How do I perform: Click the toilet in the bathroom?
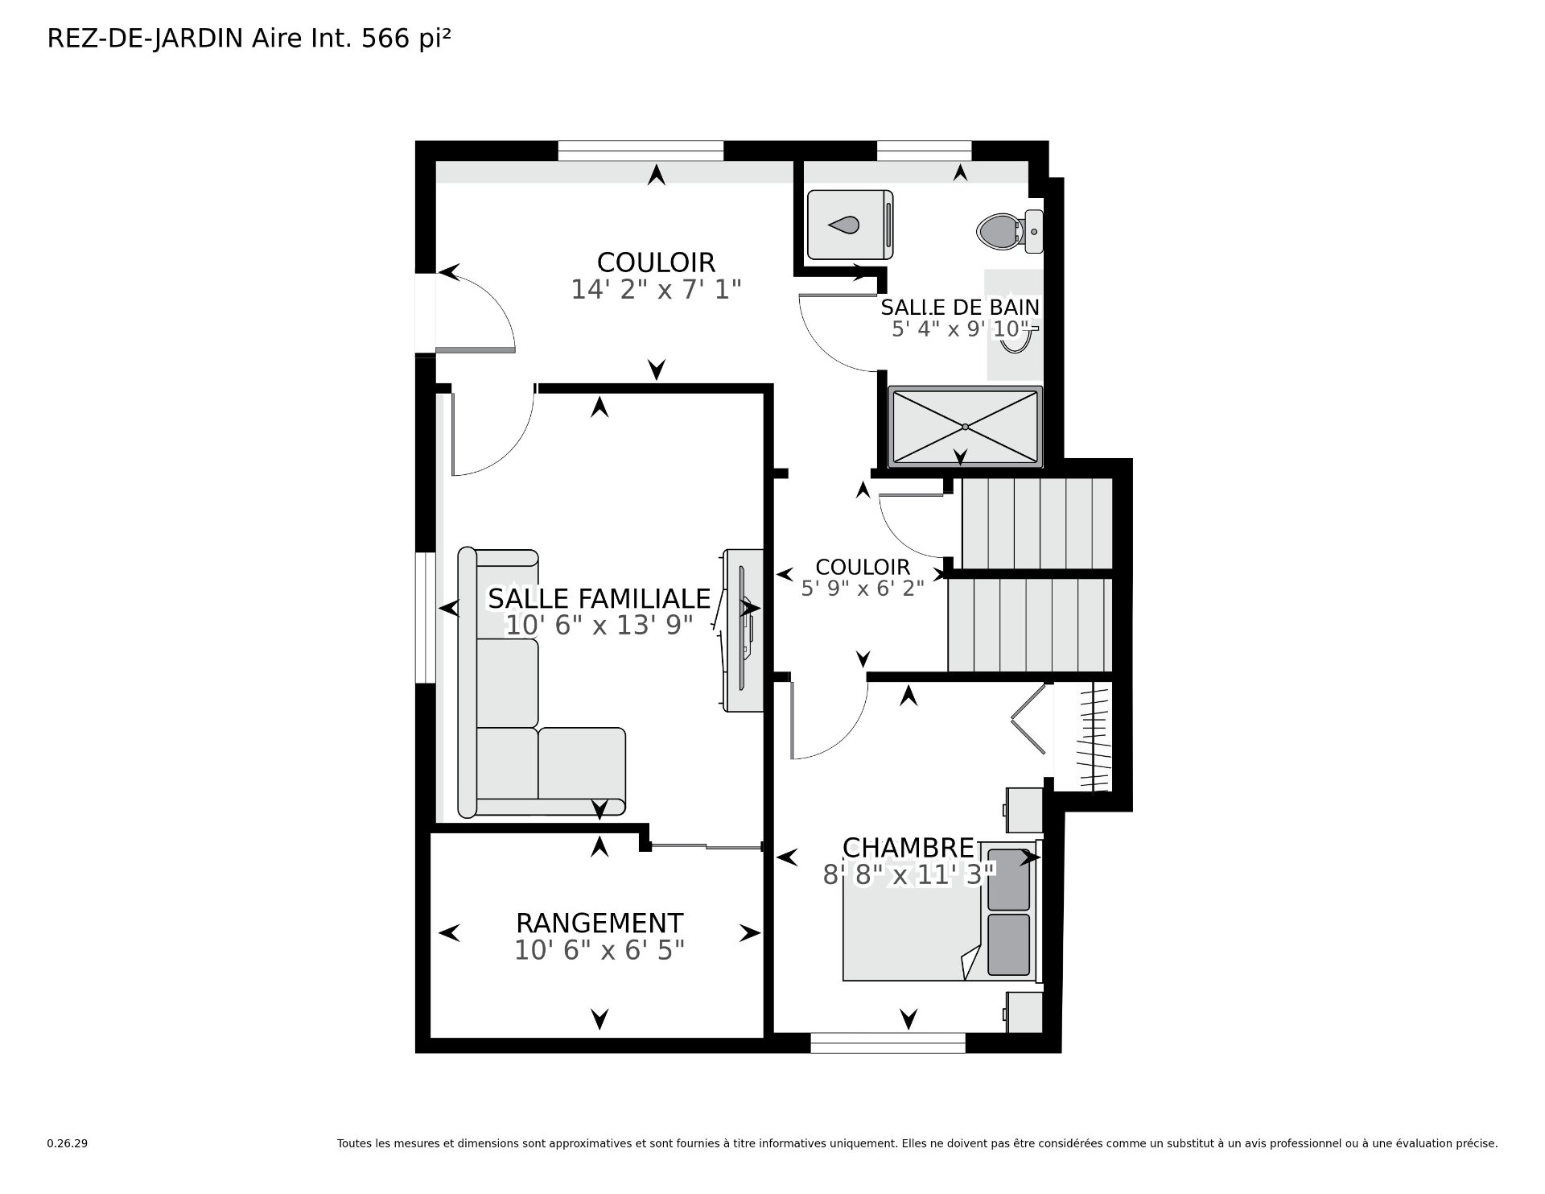point(1009,231)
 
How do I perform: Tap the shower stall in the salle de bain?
point(965,426)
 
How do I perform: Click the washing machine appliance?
point(850,225)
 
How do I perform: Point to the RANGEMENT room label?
point(599,923)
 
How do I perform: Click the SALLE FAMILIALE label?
point(599,599)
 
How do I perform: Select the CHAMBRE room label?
point(908,848)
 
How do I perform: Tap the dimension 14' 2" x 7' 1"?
point(656,289)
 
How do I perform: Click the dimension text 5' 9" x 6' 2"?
point(863,588)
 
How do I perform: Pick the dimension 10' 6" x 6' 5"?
point(599,951)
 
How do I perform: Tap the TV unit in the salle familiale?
point(742,630)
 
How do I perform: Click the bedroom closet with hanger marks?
point(1083,736)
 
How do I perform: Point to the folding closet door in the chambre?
point(1029,718)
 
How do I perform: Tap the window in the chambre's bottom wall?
point(888,1043)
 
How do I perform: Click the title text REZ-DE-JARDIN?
point(145,39)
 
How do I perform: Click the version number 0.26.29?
point(67,1143)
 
